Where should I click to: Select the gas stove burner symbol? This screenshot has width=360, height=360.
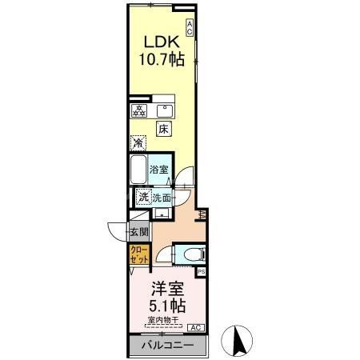[138, 110]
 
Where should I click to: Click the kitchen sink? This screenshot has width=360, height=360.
[166, 110]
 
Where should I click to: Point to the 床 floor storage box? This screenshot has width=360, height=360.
[163, 128]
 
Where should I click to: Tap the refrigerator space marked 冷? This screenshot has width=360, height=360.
[139, 144]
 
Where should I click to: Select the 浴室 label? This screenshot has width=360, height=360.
[159, 170]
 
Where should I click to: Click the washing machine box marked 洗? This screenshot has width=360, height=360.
[142, 198]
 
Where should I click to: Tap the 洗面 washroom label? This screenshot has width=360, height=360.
[163, 198]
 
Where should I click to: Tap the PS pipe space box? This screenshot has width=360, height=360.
[201, 272]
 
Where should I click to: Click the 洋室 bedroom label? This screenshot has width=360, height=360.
[166, 288]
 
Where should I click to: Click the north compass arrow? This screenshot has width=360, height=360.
[237, 341]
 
